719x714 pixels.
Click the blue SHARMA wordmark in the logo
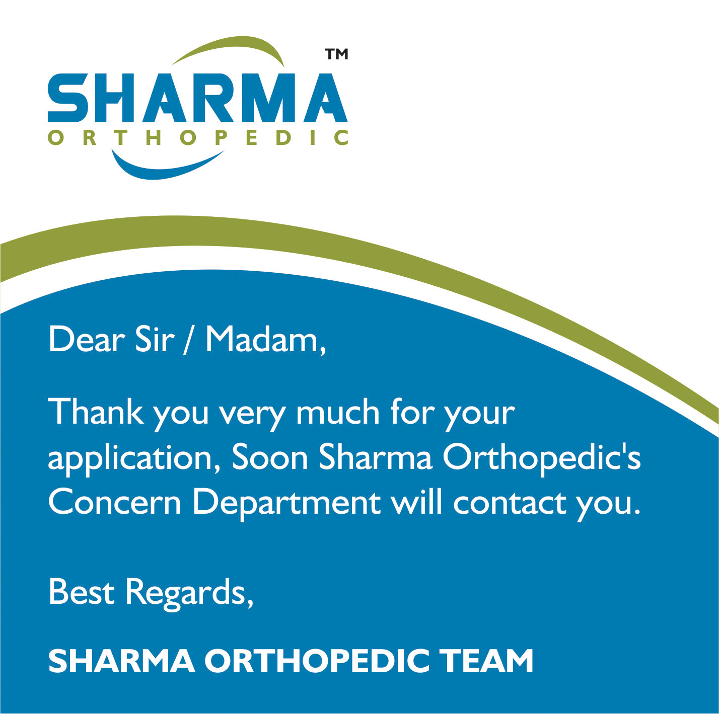pos(198,98)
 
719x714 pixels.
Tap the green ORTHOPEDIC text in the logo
pos(198,137)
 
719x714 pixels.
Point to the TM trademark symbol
pos(336,54)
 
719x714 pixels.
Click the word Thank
pos(96,412)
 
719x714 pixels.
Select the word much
pos(338,412)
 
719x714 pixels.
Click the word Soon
pos(270,458)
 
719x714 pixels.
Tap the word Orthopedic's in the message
pos(542,459)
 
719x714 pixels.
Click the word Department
pos(286,505)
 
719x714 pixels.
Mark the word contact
pos(510,503)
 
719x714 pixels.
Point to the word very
pos(252,415)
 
